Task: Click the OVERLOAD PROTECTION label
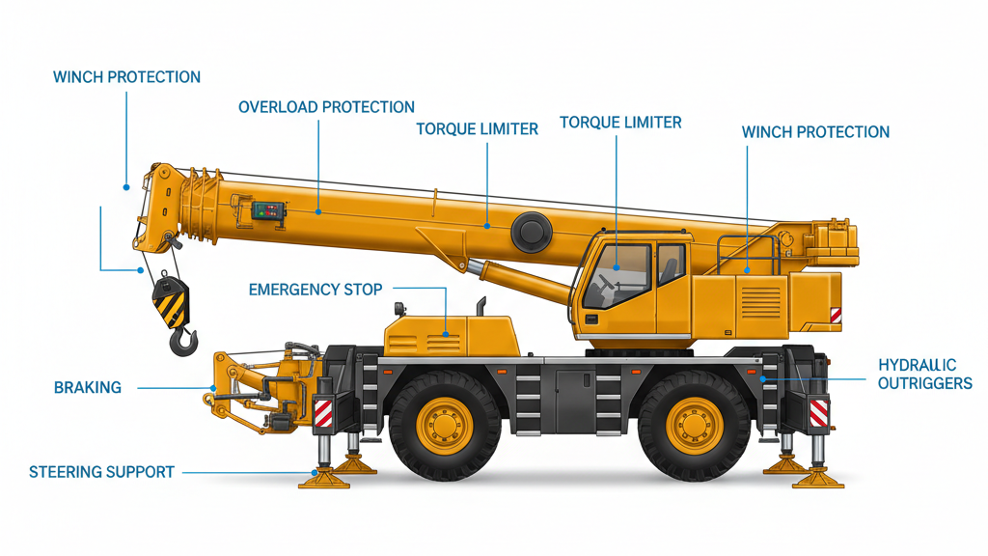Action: pos(326,107)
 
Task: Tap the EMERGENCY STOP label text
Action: pos(316,290)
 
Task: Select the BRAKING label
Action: pos(88,388)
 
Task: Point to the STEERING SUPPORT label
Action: pos(101,472)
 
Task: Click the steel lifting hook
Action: pos(183,339)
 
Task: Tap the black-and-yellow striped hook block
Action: pos(172,298)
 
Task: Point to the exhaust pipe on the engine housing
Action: pos(480,305)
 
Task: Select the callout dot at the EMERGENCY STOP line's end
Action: pos(446,335)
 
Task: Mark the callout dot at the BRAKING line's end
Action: pos(211,388)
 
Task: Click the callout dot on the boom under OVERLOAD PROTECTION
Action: pos(318,212)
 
